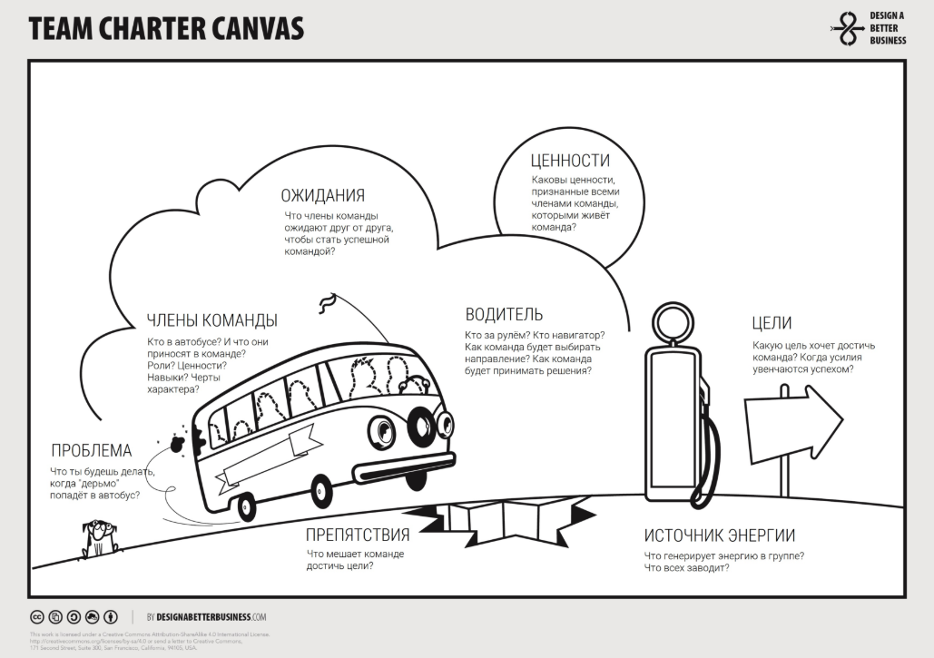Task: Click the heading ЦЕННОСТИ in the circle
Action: coord(570,161)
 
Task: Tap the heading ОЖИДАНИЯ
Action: coord(322,195)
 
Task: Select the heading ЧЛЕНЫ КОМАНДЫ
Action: coord(212,320)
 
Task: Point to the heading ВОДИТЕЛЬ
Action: coord(504,315)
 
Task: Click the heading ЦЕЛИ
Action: coord(772,323)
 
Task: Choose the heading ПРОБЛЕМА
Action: coord(91,451)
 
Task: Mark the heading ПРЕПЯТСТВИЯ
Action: coord(357,534)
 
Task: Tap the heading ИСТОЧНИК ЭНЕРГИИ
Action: coord(720,535)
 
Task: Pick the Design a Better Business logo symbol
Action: coord(848,30)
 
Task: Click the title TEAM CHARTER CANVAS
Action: coord(166,29)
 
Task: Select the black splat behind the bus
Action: coord(188,438)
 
